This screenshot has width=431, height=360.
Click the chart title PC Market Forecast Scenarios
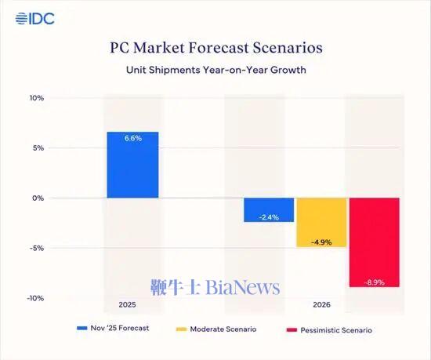click(215, 48)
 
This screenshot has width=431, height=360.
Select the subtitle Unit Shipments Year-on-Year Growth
click(215, 70)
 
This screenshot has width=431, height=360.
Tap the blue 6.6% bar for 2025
click(132, 169)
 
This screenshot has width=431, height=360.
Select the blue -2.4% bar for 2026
click(269, 209)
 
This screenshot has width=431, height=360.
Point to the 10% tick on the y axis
click(37, 98)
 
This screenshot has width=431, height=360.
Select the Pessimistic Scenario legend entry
click(333, 329)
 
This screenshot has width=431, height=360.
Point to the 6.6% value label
click(132, 139)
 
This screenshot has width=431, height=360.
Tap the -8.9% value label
click(374, 281)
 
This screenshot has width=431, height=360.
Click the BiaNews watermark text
click(215, 288)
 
